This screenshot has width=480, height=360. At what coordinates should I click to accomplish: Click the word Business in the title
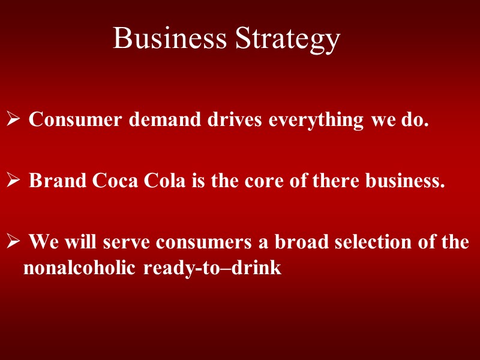click(170, 39)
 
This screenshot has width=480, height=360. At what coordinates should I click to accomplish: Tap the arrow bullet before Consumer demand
click(14, 121)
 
